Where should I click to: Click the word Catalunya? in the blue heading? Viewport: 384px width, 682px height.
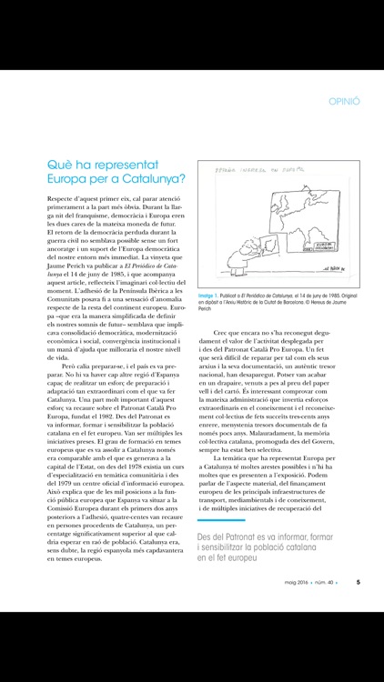tap(148, 178)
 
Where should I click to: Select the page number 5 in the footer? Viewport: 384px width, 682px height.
tap(358, 660)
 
